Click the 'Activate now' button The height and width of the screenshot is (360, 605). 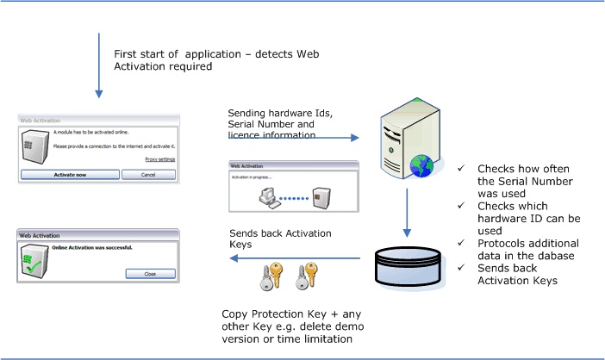point(70,174)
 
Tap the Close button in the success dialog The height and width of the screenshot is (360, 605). point(150,274)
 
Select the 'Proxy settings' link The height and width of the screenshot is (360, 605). point(159,159)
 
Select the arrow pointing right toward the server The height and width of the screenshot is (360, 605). point(293,137)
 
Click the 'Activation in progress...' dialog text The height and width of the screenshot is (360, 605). point(252,176)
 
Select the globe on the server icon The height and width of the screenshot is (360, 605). point(422,165)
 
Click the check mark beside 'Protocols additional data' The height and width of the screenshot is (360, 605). point(463,244)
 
